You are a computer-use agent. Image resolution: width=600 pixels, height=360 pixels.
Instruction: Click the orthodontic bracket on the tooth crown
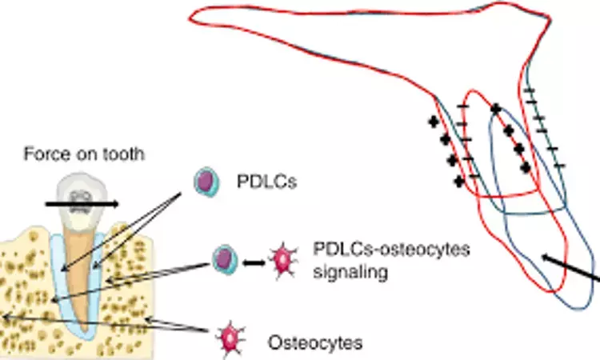coord(81,198)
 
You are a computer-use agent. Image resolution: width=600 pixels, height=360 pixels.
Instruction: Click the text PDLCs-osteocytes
coord(379,250)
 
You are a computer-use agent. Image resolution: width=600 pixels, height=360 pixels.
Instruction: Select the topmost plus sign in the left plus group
coord(434,122)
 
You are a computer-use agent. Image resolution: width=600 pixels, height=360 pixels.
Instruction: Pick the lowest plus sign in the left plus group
coord(458,181)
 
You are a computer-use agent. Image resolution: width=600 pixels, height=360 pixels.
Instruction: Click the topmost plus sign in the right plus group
coord(496,109)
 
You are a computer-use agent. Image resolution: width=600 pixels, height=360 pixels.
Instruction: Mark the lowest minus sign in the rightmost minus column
coord(558,166)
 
